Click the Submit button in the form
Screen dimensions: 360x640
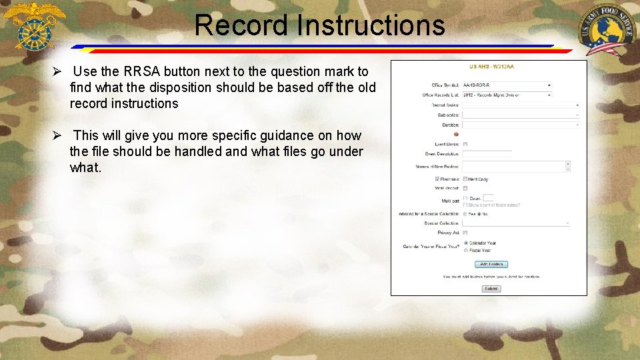pos(491,289)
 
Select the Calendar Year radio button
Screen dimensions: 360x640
pos(465,243)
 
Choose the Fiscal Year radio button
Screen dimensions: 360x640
pos(465,250)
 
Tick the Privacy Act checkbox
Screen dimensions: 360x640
pos(465,233)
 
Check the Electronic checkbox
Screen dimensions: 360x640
pos(437,179)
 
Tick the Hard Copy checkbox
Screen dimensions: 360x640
pos(465,179)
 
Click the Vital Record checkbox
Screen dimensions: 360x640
pos(465,188)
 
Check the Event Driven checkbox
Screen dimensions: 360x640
pos(465,143)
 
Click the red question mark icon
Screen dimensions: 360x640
pos(456,133)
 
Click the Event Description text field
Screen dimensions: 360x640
pos(487,153)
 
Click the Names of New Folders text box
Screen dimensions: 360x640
pos(513,166)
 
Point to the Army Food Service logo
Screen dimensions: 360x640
pos(606,30)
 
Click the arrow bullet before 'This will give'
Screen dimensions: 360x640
pos(58,136)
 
